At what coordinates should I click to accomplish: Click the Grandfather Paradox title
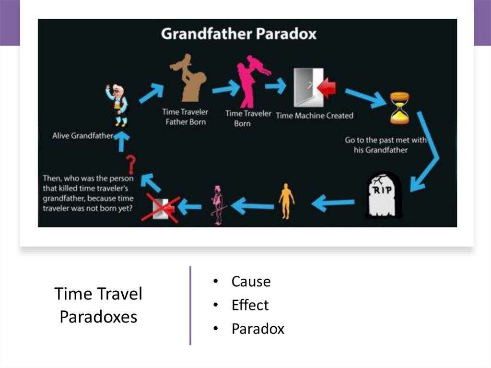pyautogui.click(x=238, y=34)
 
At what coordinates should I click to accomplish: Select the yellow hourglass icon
pyautogui.click(x=399, y=108)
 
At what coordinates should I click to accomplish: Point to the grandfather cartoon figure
pyautogui.click(x=117, y=105)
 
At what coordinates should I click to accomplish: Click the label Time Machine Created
pyautogui.click(x=315, y=116)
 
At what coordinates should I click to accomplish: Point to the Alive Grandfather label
pyautogui.click(x=83, y=136)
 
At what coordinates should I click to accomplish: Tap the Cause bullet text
pyautogui.click(x=251, y=282)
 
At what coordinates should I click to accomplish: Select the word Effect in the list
pyautogui.click(x=250, y=305)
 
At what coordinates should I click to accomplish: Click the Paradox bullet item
pyautogui.click(x=257, y=329)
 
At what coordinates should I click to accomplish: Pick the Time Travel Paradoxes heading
pyautogui.click(x=98, y=305)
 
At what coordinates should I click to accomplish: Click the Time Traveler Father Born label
pyautogui.click(x=185, y=117)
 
